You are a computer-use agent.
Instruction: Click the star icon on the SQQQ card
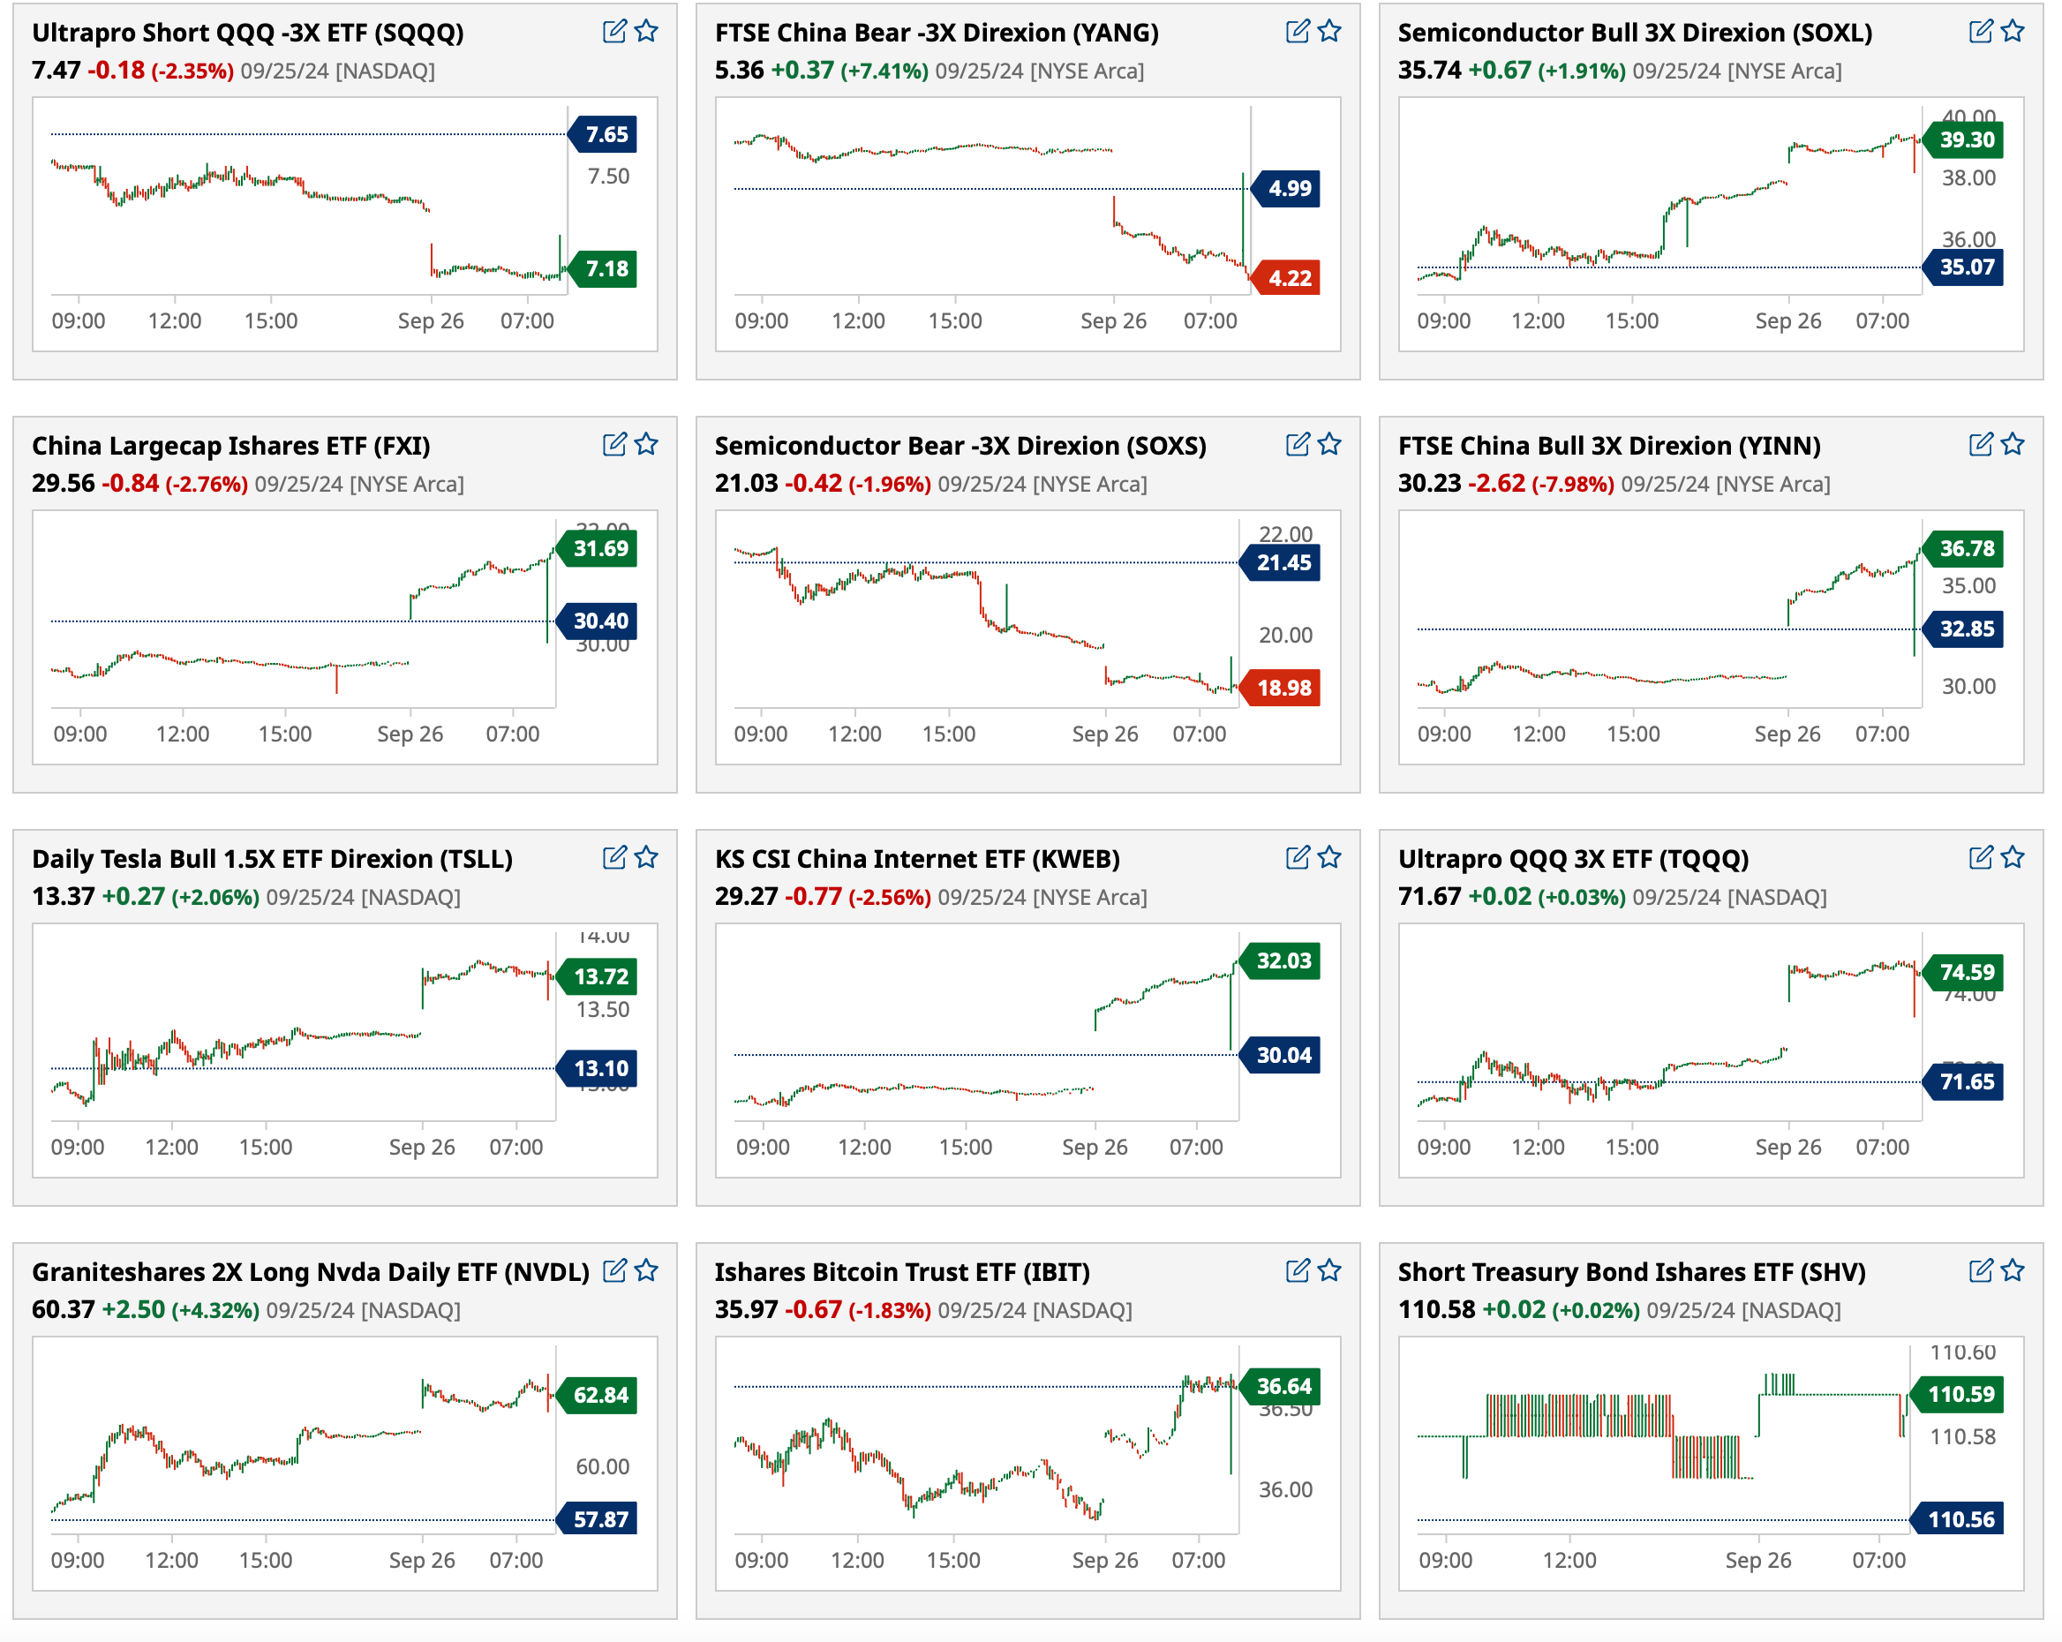(x=646, y=32)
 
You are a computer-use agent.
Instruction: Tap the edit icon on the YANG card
(x=1297, y=32)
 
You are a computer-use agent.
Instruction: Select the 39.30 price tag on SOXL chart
(x=1966, y=139)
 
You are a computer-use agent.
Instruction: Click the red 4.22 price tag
(x=1287, y=278)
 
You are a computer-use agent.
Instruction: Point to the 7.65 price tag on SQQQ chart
(x=606, y=135)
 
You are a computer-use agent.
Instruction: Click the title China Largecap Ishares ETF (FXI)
(x=230, y=446)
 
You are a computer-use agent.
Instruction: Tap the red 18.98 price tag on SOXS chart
(x=1283, y=688)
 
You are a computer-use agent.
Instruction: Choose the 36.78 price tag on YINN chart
(x=1966, y=549)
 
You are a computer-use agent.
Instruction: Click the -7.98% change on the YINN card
(x=1572, y=484)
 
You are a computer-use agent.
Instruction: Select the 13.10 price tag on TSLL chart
(x=599, y=1068)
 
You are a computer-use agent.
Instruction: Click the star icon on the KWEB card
(x=1329, y=858)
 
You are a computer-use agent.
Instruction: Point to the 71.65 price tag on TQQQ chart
(x=1966, y=1081)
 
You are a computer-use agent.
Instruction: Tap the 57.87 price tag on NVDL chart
(x=599, y=1518)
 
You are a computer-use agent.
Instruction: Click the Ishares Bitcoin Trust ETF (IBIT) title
(x=901, y=1272)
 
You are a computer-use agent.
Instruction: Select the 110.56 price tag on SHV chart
(x=1960, y=1518)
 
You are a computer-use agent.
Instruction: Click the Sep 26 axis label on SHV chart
(x=1757, y=1560)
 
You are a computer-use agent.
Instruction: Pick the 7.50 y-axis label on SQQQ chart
(x=608, y=176)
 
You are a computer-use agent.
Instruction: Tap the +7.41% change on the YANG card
(x=884, y=71)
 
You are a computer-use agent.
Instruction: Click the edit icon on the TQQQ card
(x=1981, y=858)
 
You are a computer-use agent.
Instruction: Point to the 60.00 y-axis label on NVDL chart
(x=603, y=1466)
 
